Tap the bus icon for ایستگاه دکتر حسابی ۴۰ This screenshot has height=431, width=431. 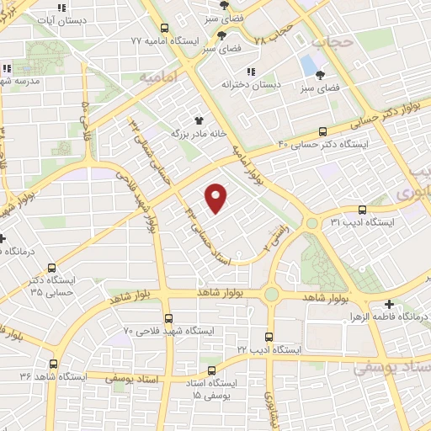[322, 130]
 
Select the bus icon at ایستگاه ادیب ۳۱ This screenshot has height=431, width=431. [362, 210]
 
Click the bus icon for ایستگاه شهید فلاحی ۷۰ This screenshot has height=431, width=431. [169, 318]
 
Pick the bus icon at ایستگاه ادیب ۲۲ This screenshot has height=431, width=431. [270, 335]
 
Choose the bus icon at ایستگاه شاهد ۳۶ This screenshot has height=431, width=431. [55, 364]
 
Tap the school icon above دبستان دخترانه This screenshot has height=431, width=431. [250, 72]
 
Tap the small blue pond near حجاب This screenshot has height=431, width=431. [309, 63]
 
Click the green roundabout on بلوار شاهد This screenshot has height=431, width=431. [271, 294]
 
